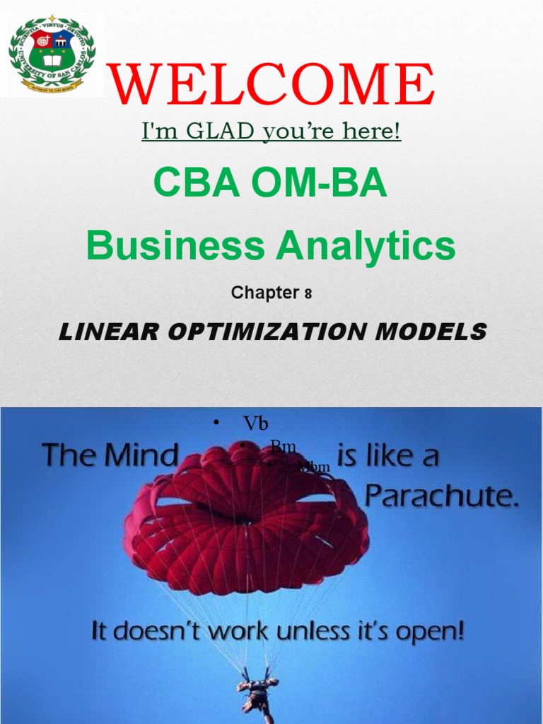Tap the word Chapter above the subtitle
pos(264,293)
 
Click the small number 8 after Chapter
pos(308,295)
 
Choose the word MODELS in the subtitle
pos(435,332)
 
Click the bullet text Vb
pos(255,423)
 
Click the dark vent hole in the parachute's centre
pos(244,522)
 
